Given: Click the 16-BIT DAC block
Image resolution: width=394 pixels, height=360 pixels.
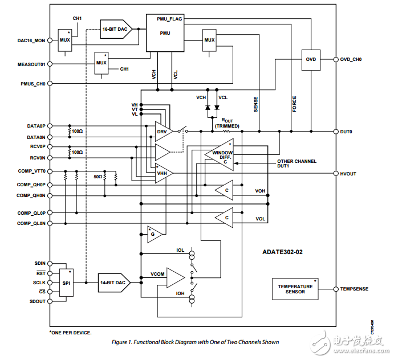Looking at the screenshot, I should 116,28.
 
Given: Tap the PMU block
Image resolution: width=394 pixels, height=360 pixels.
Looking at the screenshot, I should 164,32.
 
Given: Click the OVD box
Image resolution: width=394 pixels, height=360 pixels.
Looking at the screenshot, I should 311,59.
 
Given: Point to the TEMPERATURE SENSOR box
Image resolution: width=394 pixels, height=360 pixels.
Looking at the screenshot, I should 295,289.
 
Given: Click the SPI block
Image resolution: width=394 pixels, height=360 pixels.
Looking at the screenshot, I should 66,283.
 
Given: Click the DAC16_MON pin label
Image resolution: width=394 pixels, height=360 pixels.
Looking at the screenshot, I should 30,40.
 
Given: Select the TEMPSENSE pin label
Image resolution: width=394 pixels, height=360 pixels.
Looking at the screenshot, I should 355,289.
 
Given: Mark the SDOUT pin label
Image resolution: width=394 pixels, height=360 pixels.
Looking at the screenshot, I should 36,302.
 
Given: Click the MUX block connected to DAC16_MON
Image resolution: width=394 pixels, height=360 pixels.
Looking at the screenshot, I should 64,40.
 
